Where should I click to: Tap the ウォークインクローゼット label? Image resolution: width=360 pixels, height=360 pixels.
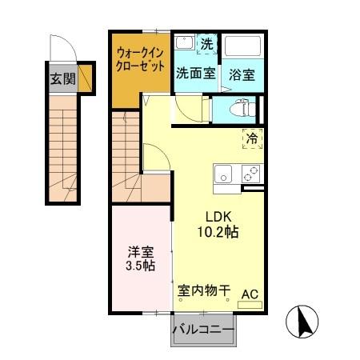(140, 58)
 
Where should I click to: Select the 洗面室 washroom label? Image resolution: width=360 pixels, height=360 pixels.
(195, 73)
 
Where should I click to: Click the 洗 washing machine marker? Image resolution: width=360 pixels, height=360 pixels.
(207, 42)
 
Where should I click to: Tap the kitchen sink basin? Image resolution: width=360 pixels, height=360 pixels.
(222, 171)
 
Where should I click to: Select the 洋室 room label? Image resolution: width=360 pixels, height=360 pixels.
(139, 250)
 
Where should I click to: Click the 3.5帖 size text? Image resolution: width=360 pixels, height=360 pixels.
(139, 265)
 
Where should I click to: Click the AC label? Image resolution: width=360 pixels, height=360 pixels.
(250, 294)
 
